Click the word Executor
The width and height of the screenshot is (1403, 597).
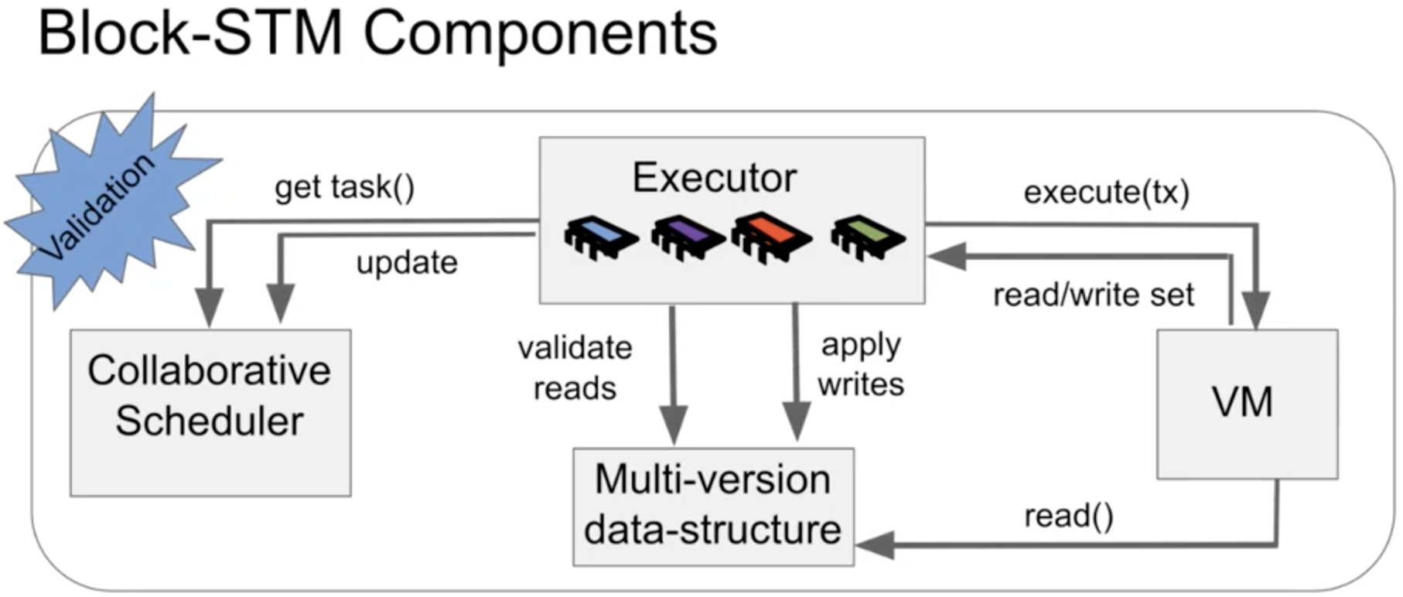tap(714, 178)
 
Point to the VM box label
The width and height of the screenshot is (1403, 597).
tap(1242, 402)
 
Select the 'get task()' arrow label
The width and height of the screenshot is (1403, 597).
tap(345, 187)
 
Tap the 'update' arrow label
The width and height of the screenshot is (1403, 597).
tap(407, 263)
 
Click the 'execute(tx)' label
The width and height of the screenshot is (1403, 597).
tap(1106, 192)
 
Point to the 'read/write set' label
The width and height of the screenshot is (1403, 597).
tap(1094, 295)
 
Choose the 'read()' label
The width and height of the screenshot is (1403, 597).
tap(1069, 516)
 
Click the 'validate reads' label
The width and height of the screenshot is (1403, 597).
tap(575, 367)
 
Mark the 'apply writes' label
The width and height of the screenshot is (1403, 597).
tap(861, 364)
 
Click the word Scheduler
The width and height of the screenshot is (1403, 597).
tap(210, 421)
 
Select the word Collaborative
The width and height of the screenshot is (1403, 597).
tap(209, 370)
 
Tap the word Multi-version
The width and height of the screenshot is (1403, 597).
tap(712, 479)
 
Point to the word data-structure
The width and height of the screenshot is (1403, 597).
tap(712, 530)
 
